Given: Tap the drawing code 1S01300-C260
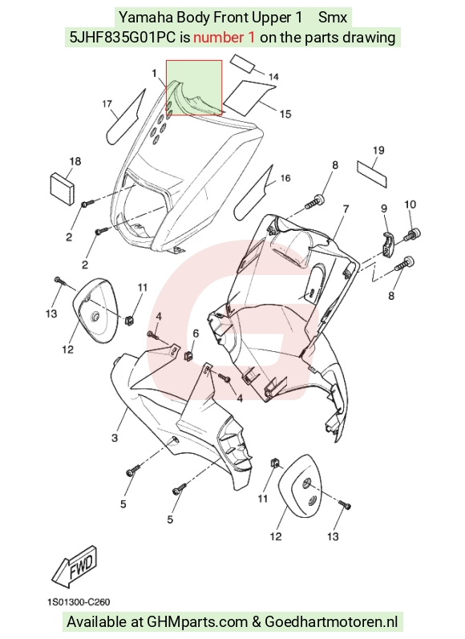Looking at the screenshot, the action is pos(79,601).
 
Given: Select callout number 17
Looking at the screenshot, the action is pos(107,104).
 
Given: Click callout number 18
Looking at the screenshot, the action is pos(75,161).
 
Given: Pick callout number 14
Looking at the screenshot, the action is pos(274,77).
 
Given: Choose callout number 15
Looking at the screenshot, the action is pos(285,114).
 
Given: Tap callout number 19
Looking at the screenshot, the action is pos(378,151).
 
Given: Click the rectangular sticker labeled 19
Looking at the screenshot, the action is pos(372,173).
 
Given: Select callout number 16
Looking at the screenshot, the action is pos(285,178).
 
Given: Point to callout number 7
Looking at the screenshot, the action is pos(346,209).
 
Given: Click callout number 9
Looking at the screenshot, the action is pos(384,208).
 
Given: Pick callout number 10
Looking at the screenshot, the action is pos(410,204).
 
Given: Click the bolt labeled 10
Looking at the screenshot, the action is pos(412,235).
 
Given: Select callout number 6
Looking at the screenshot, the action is pos(196,334).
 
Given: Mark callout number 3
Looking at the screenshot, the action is pos(115,438).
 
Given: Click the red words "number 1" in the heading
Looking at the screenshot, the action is pos(224,38).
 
